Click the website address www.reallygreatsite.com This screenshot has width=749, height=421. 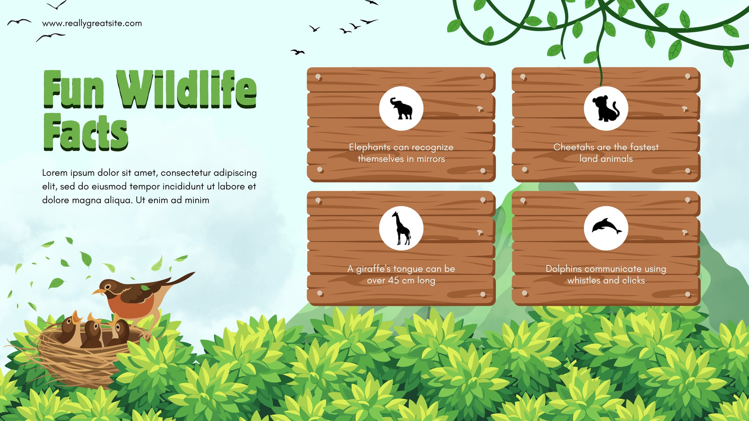(92, 23)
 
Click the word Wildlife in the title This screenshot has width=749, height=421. (187, 89)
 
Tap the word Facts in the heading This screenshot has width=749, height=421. (86, 132)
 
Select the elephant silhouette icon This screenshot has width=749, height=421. (401, 108)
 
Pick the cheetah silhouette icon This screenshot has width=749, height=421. (606, 108)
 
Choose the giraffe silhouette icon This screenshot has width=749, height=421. (401, 228)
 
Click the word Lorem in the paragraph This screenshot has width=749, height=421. (54, 173)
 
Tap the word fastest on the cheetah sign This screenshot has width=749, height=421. (644, 147)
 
